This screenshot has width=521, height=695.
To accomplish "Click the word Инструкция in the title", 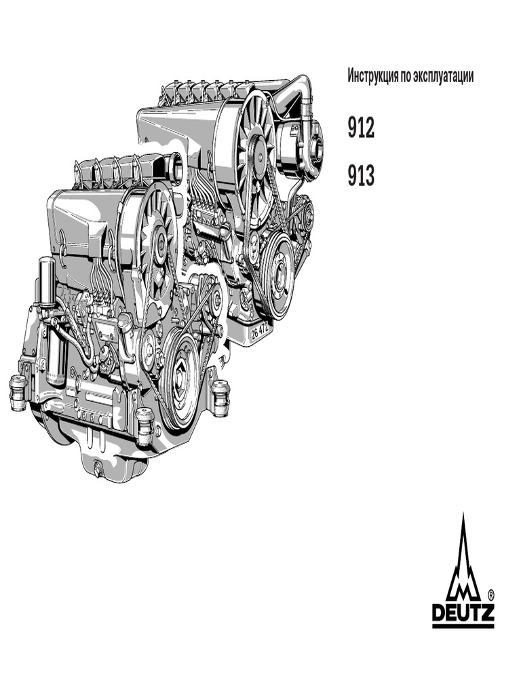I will [x=372, y=75].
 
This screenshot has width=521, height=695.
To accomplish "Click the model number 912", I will [x=361, y=128].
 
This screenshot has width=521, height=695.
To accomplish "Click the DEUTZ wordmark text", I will [x=463, y=614].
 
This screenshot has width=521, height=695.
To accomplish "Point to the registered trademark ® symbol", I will [x=490, y=592].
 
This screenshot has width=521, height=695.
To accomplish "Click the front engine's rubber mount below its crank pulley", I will [x=144, y=426].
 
